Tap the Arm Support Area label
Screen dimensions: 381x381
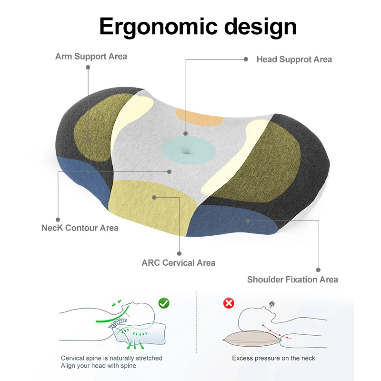[x=91, y=56]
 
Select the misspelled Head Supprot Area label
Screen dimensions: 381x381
[x=294, y=60]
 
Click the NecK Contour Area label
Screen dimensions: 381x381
[x=80, y=228]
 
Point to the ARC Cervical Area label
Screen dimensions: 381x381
[x=178, y=262]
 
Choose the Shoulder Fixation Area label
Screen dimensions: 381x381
[x=292, y=280]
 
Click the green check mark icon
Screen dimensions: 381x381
[x=164, y=302]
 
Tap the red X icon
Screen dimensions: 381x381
[x=229, y=303]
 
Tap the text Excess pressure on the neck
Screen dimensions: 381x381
[x=273, y=358]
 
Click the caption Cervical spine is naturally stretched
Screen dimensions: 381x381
[x=111, y=358]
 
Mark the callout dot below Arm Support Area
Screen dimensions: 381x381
[x=88, y=68]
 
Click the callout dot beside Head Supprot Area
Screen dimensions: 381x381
[x=246, y=60]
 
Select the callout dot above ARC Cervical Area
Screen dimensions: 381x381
[x=179, y=254]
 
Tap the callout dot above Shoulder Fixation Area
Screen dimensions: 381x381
[x=318, y=270]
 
